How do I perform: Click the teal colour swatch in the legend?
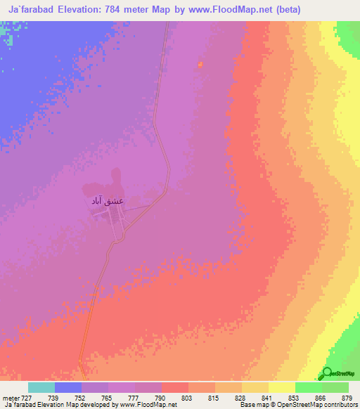coord(41,387)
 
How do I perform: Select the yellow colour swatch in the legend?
coord(281,387)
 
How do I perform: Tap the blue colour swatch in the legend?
coord(67,387)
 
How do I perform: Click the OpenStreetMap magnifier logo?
coord(328,373)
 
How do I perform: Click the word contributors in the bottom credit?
coord(338,405)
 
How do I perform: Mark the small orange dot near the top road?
coord(200,65)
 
